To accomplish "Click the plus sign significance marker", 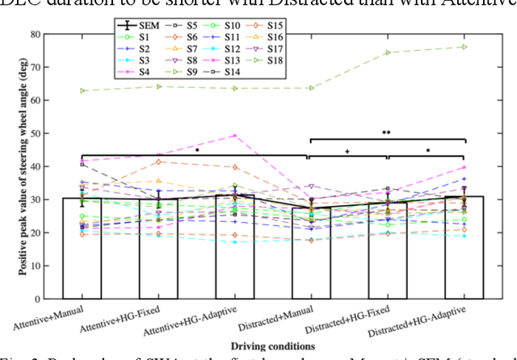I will (347, 151).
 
